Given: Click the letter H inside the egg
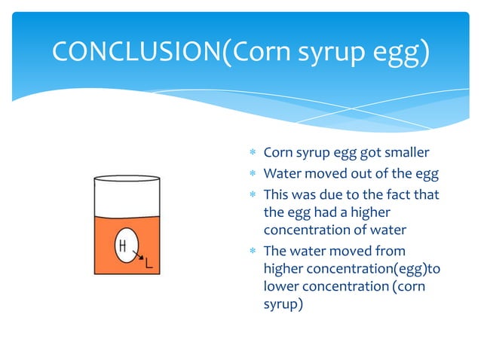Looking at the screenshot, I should tap(121, 246).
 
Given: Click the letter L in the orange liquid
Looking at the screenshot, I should tap(149, 264).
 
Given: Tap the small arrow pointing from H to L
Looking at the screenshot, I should tap(138, 257).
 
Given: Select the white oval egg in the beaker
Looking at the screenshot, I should tap(127, 246).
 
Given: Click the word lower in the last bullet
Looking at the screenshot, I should tap(281, 288).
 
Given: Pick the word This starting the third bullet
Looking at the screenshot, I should tap(276, 194).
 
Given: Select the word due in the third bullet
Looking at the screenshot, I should tap(331, 194).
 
